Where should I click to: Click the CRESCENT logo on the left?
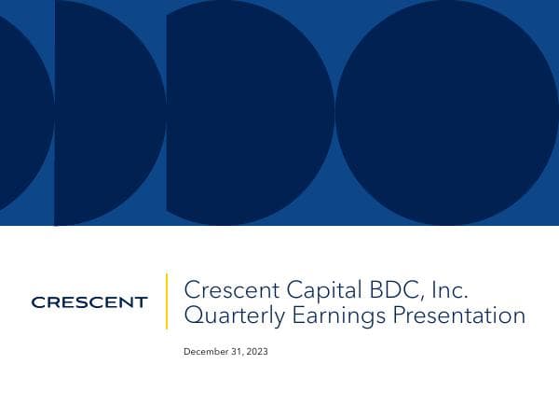[x=89, y=302]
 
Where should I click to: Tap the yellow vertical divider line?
[x=167, y=301]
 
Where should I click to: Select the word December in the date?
[x=205, y=352]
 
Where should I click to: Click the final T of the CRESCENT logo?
[x=142, y=302]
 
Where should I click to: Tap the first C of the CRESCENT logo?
[x=36, y=302]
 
